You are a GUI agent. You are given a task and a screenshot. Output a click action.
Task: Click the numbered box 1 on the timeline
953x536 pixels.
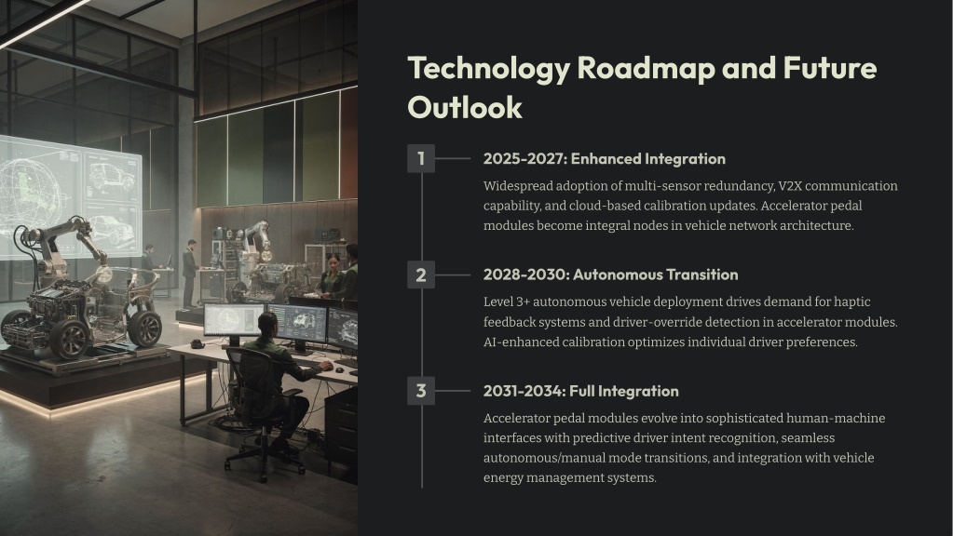click(x=420, y=158)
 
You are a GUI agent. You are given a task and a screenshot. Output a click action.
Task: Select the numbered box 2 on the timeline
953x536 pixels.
click(x=420, y=275)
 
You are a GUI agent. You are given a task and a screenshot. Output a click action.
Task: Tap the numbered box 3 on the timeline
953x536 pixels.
click(x=420, y=391)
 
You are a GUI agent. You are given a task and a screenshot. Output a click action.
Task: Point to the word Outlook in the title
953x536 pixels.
click(x=465, y=107)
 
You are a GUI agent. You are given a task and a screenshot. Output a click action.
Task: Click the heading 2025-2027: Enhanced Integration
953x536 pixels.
click(x=605, y=159)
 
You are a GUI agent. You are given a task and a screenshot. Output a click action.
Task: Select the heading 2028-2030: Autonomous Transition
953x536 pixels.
click(x=611, y=275)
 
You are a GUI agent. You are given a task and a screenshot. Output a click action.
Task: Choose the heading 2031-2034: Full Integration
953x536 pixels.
click(x=581, y=391)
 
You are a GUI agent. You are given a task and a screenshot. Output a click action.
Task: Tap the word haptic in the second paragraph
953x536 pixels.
click(x=851, y=302)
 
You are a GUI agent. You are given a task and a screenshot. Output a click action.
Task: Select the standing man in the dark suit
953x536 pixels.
click(x=190, y=275)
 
